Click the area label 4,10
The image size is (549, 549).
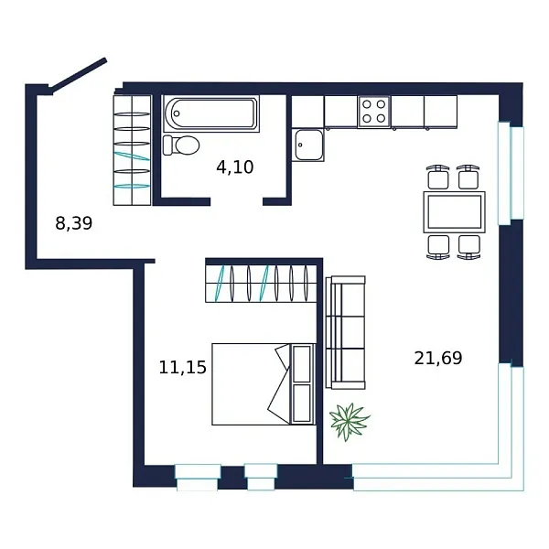point(234,167)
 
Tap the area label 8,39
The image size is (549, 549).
point(74,222)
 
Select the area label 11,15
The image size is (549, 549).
point(182,368)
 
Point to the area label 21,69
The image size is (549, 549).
point(438,358)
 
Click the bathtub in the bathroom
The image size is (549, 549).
point(212,113)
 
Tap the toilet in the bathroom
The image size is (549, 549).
point(181,145)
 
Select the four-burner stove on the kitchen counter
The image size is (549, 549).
point(373,112)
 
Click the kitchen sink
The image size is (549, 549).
point(307,145)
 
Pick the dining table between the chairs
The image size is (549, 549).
point(454,211)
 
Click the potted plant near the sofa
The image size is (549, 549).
point(350,421)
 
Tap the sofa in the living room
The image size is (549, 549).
point(346,332)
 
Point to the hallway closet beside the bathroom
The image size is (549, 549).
point(131,148)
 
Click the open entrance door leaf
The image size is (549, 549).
point(79,75)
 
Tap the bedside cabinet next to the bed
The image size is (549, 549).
point(302,384)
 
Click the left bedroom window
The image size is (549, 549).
point(197,477)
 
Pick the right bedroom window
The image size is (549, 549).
point(261,475)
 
